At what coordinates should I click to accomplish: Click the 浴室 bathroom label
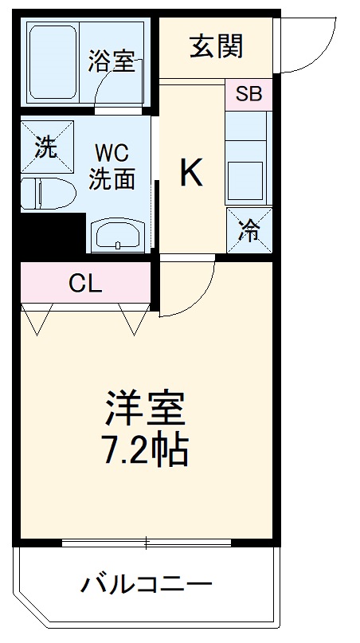[112, 62]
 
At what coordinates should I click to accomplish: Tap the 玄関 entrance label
[216, 46]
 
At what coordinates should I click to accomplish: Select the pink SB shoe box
[248, 94]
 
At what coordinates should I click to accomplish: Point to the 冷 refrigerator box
[249, 231]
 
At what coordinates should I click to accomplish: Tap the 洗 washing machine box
[46, 147]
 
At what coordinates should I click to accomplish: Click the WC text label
[112, 152]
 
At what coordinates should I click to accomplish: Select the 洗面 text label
[112, 179]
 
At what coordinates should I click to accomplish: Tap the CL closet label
[85, 283]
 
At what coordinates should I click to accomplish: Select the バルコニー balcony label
[147, 586]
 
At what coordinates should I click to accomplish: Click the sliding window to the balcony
[147, 543]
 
